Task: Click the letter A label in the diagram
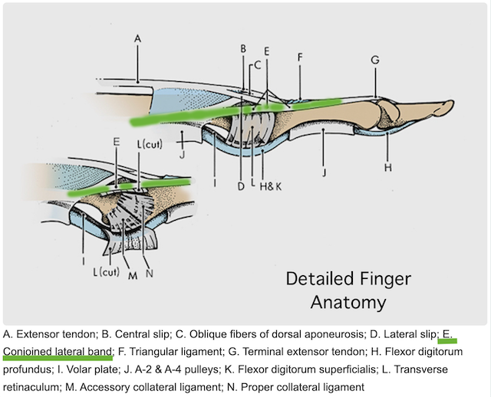[x=137, y=38]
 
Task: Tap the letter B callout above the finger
[x=242, y=49]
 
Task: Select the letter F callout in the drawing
[x=300, y=57]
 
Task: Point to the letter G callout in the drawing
[x=374, y=60]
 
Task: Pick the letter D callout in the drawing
[x=239, y=186]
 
